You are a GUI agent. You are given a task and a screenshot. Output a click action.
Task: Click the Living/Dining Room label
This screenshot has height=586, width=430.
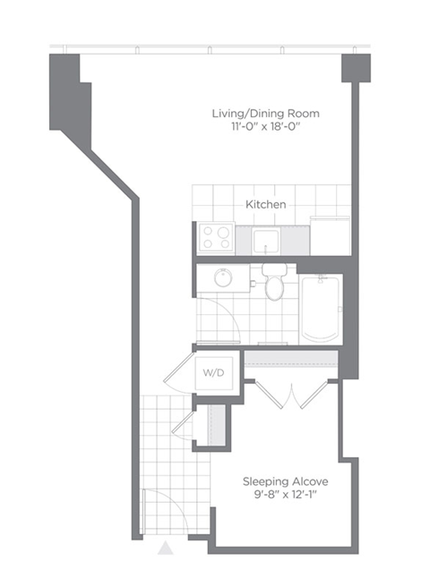pos(266,114)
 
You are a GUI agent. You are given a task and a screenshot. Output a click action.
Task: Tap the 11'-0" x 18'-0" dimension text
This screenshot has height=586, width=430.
pos(266,127)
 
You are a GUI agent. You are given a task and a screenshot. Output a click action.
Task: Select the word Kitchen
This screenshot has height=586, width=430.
pos(266,204)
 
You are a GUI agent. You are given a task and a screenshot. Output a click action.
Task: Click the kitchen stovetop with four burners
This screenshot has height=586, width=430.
pos(216,238)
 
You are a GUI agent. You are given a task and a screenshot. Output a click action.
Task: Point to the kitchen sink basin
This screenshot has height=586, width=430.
pos(266,241)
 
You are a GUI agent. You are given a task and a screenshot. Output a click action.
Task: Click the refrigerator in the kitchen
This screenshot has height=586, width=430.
pos(330,236)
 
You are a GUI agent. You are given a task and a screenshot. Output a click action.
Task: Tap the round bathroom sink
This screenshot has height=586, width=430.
pos(223,277)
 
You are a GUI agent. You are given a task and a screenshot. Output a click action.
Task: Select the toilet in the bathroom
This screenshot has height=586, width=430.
pos(275,282)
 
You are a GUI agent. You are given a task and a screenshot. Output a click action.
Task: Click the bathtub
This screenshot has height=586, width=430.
pos(320,310)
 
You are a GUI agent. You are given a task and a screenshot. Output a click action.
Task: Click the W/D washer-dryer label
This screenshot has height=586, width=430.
pos(214,372)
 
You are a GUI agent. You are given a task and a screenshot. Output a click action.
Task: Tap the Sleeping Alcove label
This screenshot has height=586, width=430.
pos(285,481)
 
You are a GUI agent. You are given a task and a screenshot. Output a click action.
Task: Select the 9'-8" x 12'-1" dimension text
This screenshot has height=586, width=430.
pos(285,495)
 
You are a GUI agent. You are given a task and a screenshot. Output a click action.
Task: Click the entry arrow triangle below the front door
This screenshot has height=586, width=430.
pos(165,548)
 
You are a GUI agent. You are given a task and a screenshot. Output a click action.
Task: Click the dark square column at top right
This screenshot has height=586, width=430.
pos(356,68)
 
